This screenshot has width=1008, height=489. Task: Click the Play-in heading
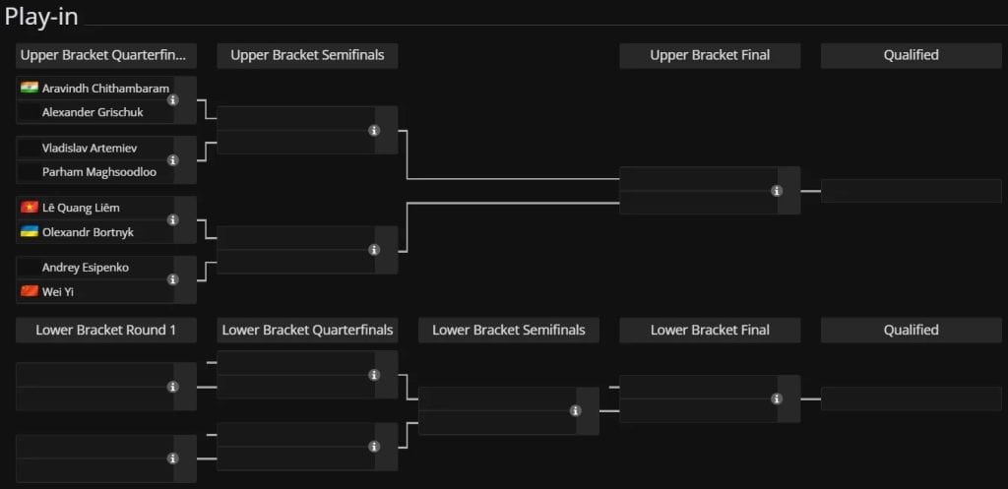pyautogui.click(x=41, y=17)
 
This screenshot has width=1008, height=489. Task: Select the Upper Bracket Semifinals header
pyautogui.click(x=307, y=55)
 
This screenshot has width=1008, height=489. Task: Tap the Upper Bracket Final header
pyautogui.click(x=710, y=55)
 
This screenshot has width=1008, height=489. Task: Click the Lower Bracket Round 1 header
pyautogui.click(x=106, y=331)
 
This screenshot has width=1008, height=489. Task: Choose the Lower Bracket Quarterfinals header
pyautogui.click(x=307, y=331)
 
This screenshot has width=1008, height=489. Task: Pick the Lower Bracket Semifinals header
pyautogui.click(x=509, y=331)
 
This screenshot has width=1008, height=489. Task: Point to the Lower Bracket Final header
pyautogui.click(x=710, y=331)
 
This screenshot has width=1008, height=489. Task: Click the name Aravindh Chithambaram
pyautogui.click(x=105, y=88)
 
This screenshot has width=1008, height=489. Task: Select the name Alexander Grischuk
pyautogui.click(x=93, y=112)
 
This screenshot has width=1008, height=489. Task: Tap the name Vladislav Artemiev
pyautogui.click(x=90, y=148)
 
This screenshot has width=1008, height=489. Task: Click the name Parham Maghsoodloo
pyautogui.click(x=99, y=172)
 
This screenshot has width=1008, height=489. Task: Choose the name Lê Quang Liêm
pyautogui.click(x=81, y=208)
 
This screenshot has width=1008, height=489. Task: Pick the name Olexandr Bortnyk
pyautogui.click(x=88, y=232)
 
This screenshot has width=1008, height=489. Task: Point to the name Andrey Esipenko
pyautogui.click(x=86, y=268)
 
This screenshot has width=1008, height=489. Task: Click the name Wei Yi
pyautogui.click(x=55, y=292)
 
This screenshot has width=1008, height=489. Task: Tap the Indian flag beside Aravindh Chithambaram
pyautogui.click(x=30, y=88)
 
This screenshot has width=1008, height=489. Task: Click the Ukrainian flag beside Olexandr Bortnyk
pyautogui.click(x=30, y=231)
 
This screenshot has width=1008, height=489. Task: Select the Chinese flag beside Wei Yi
pyautogui.click(x=30, y=291)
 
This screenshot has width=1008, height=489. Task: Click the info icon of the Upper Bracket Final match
pyautogui.click(x=777, y=191)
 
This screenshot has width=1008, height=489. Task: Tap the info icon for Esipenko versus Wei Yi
pyautogui.click(x=173, y=279)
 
